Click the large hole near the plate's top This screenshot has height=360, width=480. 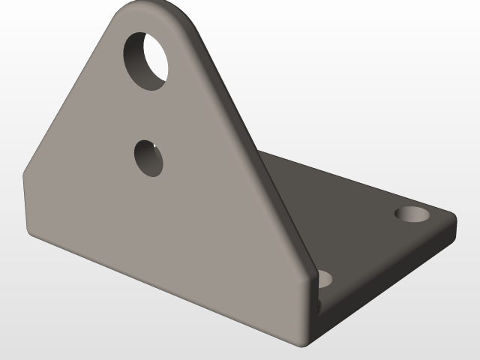[x=146, y=59]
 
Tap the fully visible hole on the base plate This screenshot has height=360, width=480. [x=412, y=214]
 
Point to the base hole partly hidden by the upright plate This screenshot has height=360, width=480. [x=325, y=279]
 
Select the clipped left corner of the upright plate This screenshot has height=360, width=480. [x=25, y=171]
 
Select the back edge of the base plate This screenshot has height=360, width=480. [x=352, y=176]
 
